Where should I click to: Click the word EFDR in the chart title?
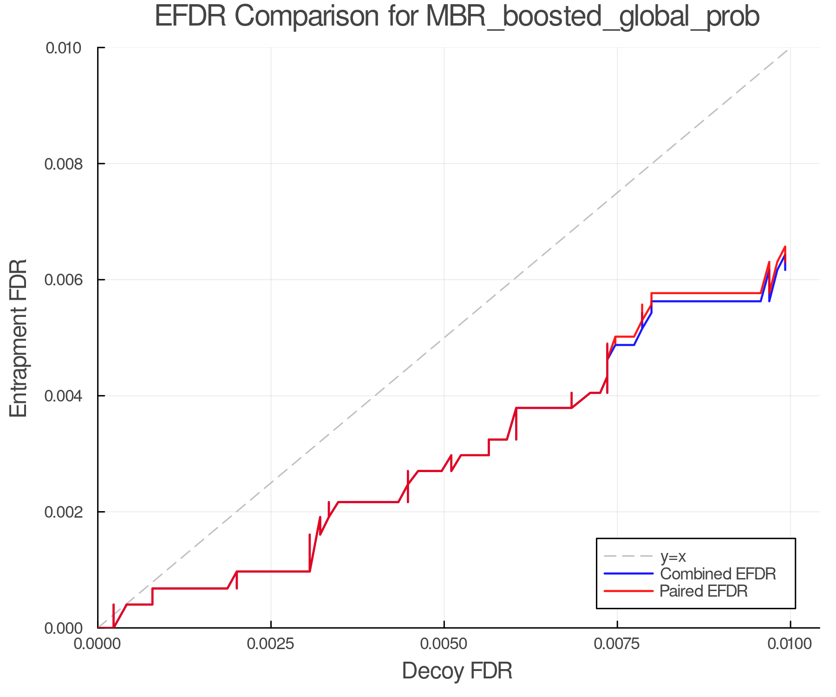coord(190,16)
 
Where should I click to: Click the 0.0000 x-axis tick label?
coord(98,644)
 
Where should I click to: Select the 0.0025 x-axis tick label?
coord(271,644)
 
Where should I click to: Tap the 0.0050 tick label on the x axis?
coord(444,644)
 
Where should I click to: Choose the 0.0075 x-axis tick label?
coord(618,644)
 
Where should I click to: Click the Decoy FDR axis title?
coord(457,671)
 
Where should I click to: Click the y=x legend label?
coord(673,556)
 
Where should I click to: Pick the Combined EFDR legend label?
coord(718,574)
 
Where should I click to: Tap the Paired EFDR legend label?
coord(704,591)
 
